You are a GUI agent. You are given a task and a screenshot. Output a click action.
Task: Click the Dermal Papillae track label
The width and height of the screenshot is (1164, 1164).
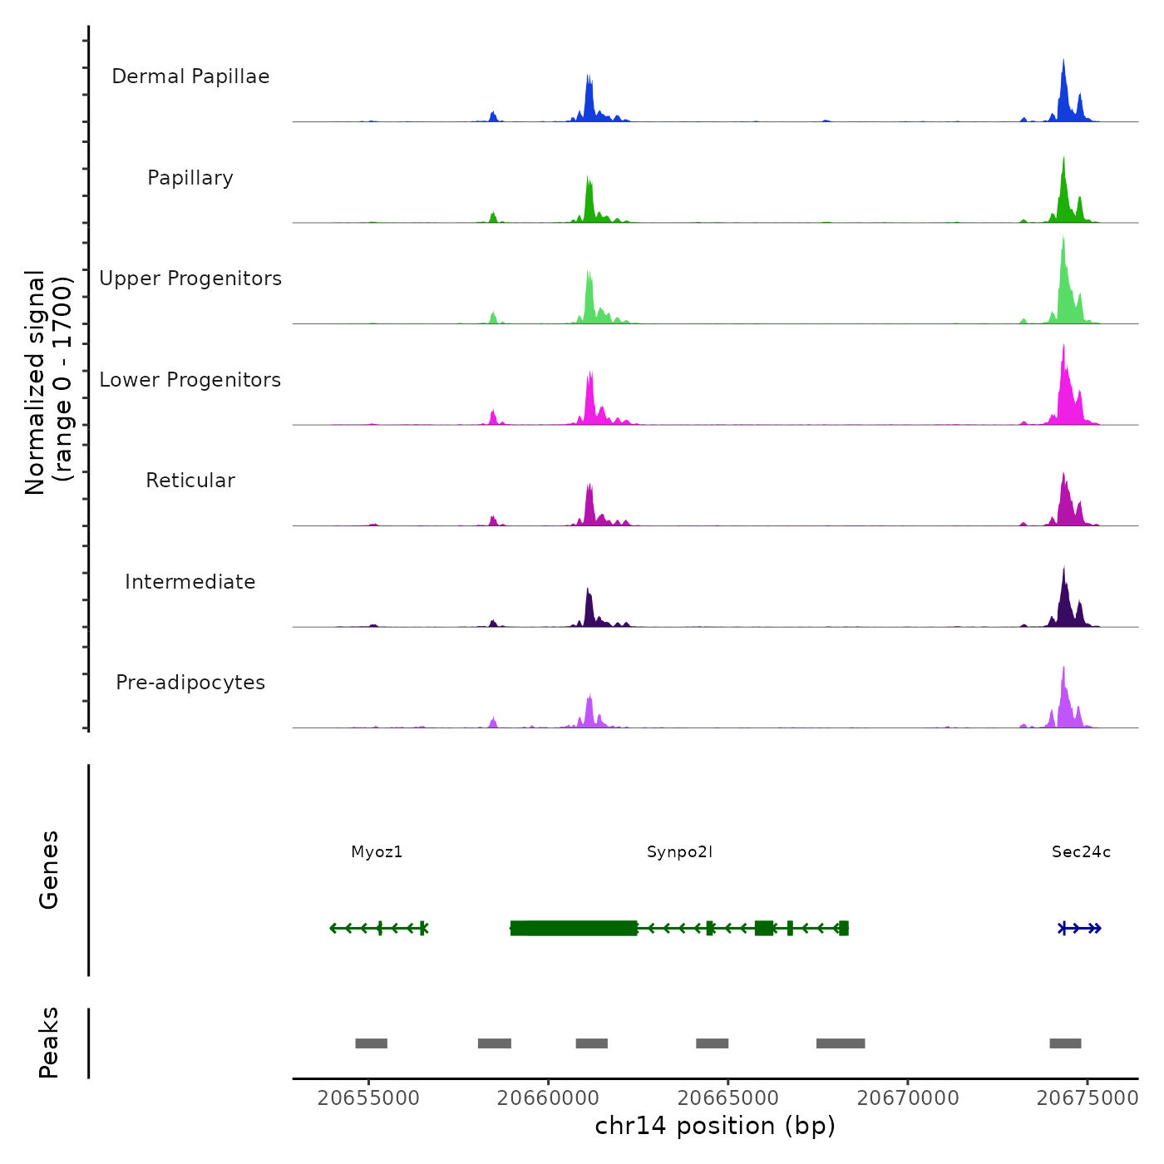click(x=190, y=76)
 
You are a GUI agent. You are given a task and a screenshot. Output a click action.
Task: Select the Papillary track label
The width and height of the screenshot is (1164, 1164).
click(x=190, y=178)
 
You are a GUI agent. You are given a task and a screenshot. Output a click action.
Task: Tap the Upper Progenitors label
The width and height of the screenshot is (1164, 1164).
click(x=190, y=279)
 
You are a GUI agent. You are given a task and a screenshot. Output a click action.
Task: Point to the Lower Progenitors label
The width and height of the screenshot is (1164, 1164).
click(x=190, y=380)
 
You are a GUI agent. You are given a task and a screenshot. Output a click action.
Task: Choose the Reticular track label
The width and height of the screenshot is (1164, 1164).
click(x=190, y=481)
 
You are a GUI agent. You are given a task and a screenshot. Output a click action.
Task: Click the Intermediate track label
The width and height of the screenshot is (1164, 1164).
click(x=190, y=582)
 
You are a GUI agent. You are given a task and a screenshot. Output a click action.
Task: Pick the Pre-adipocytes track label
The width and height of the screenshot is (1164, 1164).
click(x=190, y=683)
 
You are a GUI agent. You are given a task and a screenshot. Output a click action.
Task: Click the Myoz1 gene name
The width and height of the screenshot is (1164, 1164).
click(x=377, y=852)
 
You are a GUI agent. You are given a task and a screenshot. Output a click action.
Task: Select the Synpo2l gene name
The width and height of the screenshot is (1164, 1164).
click(x=679, y=852)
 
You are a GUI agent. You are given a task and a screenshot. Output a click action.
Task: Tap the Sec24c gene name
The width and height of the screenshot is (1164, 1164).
click(x=1081, y=852)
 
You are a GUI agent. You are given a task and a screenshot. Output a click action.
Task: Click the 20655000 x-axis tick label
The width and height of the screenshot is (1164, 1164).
click(x=368, y=1098)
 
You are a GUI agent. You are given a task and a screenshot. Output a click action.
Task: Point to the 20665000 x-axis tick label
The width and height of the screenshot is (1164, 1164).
click(x=728, y=1098)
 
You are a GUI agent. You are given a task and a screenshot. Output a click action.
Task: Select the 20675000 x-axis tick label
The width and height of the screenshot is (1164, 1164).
click(x=1088, y=1098)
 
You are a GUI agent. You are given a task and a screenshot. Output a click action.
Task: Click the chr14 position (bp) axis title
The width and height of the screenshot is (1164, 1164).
click(x=715, y=1127)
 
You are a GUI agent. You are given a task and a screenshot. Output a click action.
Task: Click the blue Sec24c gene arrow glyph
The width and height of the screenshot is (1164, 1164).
click(x=1080, y=929)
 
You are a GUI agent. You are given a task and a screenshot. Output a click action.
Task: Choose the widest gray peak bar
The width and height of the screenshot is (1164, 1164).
click(x=841, y=1043)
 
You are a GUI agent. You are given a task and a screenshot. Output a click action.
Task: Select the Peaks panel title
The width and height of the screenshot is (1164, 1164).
click(x=49, y=1043)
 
